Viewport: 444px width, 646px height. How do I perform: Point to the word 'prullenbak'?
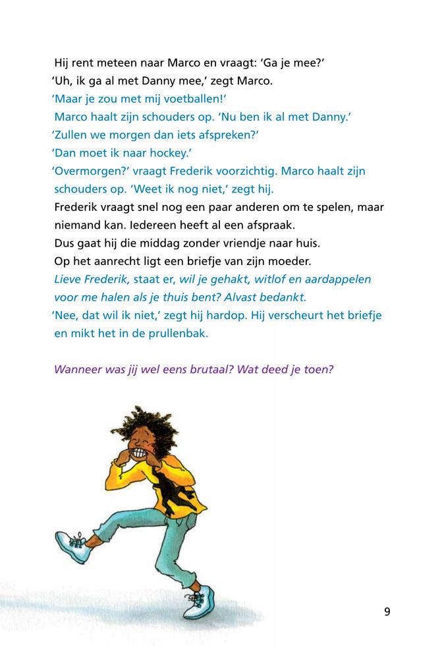coord(176,333)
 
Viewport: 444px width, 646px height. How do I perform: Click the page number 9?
coord(387,612)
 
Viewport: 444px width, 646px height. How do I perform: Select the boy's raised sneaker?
coord(72,547)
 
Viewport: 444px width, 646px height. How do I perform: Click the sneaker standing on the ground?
coord(200,601)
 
